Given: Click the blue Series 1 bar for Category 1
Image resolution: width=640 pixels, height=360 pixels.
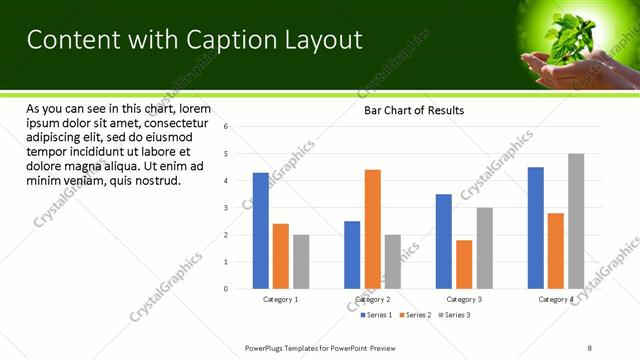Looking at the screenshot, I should click(261, 231).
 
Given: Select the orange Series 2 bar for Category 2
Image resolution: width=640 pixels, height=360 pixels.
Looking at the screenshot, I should click(372, 229).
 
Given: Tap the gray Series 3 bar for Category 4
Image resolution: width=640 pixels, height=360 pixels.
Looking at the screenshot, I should click(576, 221).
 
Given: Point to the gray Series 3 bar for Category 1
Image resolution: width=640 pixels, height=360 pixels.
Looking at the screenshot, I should click(301, 262).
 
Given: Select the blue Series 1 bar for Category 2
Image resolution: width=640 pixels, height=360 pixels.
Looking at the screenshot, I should click(352, 255).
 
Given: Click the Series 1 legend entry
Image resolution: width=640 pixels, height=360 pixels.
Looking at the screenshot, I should click(376, 315).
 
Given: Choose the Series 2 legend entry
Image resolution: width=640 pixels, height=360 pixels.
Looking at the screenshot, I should click(415, 315).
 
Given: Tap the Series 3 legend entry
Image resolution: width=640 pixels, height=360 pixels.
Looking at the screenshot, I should click(454, 315).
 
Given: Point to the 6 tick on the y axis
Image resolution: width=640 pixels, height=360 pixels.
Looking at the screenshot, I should click(227, 127).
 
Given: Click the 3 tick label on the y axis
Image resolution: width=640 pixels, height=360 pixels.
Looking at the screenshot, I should click(227, 208).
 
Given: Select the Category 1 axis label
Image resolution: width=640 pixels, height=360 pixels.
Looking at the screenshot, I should click(281, 299).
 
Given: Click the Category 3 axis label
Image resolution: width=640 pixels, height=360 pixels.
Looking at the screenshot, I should click(464, 299).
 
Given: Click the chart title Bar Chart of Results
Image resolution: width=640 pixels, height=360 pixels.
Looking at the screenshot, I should click(413, 110).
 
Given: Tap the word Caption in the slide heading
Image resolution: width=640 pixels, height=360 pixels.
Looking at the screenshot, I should click(226, 39).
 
